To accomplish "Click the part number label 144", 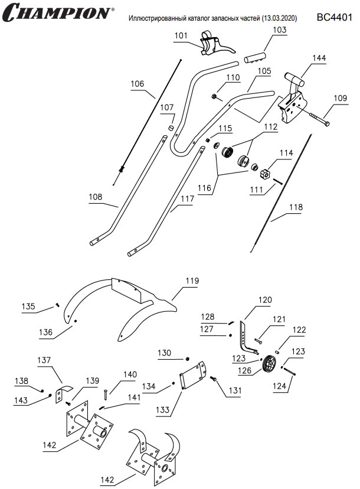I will pyautogui.click(x=319, y=58).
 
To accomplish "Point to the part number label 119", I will pyautogui.click(x=192, y=282).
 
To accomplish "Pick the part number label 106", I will pyautogui.click(x=138, y=84).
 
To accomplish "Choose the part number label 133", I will pyautogui.click(x=162, y=409).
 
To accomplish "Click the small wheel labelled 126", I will pyautogui.click(x=270, y=364).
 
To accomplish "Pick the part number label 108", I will pyautogui.click(x=95, y=196).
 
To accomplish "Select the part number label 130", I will pyautogui.click(x=165, y=353).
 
